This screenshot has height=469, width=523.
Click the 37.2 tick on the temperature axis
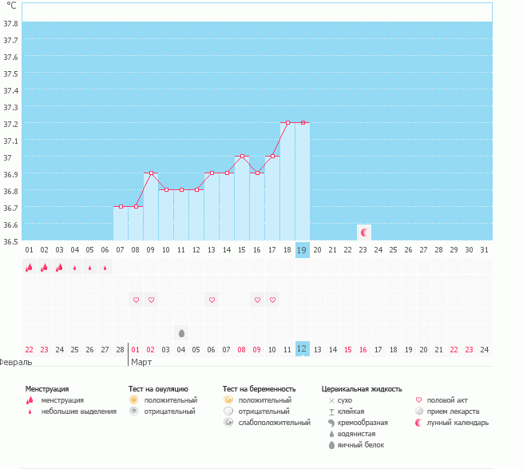(11, 124)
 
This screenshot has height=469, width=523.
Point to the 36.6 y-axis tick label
(11, 225)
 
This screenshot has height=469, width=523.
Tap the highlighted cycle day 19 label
(302, 250)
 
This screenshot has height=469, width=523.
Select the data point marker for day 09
(151, 173)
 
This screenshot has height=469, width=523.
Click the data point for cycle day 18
(287, 122)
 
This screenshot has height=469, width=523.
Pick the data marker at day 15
(242, 156)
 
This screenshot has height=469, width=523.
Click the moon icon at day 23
(364, 232)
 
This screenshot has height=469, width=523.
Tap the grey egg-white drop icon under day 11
(181, 332)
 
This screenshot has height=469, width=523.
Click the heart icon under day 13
(212, 300)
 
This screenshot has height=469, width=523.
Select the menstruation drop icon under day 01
(29, 268)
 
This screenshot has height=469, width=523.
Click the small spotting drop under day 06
(105, 268)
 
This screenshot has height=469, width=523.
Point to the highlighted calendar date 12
(302, 349)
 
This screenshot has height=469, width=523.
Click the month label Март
(141, 362)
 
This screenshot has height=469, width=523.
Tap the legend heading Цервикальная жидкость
(361, 388)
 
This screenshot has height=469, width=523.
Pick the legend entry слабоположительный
(274, 422)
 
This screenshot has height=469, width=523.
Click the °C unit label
(11, 6)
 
